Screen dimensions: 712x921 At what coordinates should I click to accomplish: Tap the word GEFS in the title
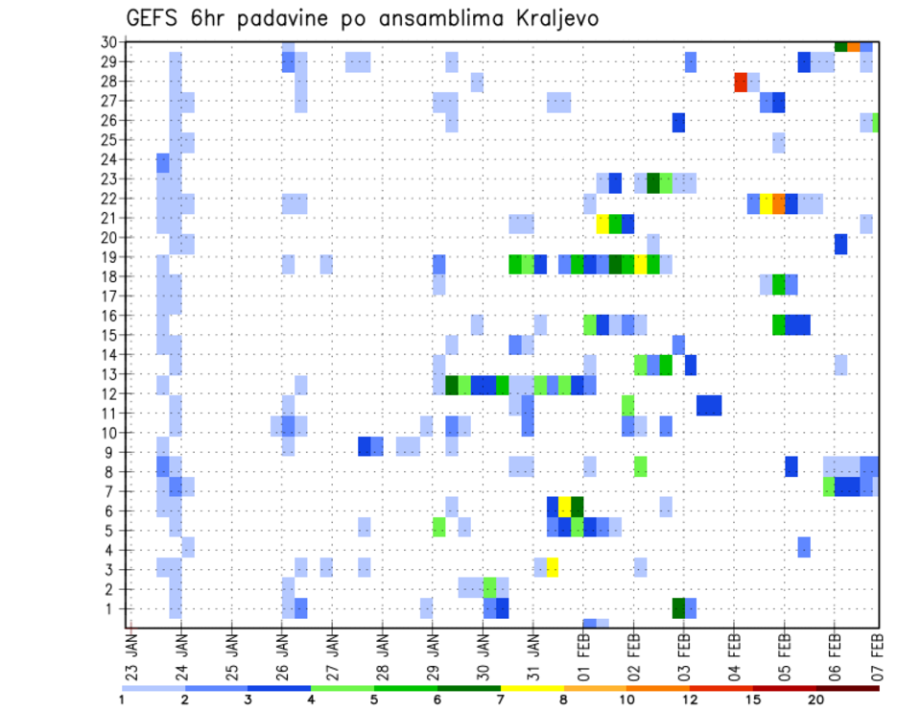(x=157, y=18)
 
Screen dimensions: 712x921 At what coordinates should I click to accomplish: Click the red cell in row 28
(x=741, y=82)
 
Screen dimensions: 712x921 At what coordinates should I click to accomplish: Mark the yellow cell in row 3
(x=553, y=567)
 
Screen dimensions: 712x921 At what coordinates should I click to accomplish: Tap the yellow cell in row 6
(x=565, y=506)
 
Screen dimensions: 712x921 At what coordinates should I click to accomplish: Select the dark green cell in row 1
(x=678, y=607)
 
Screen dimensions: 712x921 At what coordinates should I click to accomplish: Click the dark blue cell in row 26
(x=678, y=122)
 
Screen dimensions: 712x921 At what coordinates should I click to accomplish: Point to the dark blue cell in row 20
(x=840, y=244)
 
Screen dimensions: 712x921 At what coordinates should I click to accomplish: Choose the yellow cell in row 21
(x=602, y=224)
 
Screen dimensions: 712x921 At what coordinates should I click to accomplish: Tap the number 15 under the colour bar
(x=753, y=700)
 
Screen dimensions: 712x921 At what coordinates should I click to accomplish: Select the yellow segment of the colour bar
(x=531, y=688)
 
